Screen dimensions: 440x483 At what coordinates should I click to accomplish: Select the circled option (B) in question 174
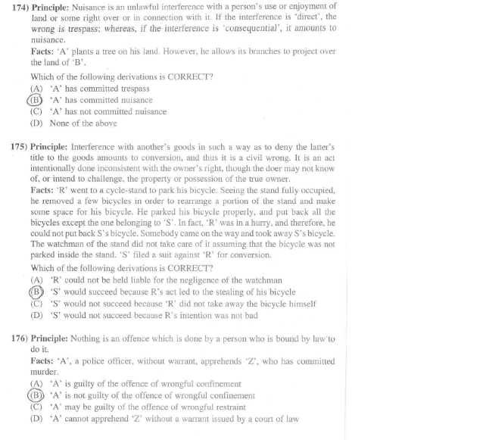tap(36, 100)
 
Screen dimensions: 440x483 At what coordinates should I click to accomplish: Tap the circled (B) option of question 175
tap(36, 292)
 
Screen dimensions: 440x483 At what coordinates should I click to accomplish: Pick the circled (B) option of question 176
tap(36, 395)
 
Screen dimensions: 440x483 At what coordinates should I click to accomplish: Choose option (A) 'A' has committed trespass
tap(36, 89)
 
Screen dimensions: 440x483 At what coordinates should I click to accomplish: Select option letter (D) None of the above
tap(36, 123)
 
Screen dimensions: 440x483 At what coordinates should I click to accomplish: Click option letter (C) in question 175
tap(36, 303)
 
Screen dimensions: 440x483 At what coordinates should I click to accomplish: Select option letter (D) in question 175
tap(36, 314)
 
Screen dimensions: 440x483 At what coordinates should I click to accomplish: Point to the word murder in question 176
tap(44, 372)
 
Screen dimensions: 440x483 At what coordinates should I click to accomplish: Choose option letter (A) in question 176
tap(36, 384)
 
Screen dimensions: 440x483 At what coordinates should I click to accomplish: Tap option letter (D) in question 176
tap(36, 418)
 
